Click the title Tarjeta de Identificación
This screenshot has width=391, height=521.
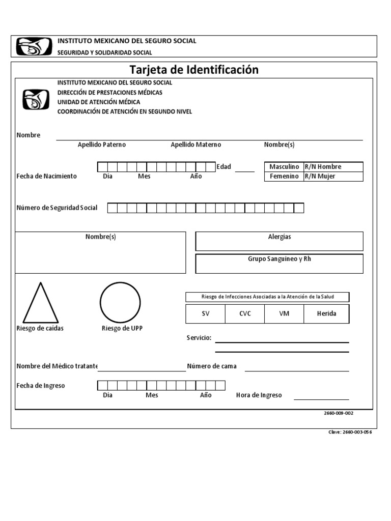[x=193, y=70]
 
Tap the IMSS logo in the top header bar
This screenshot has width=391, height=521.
[x=34, y=46]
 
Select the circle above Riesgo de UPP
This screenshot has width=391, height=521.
[x=120, y=302]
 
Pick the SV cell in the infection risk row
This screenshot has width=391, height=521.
[x=205, y=314]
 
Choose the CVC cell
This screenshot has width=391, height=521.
[x=245, y=314]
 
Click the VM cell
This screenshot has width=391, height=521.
[x=284, y=314]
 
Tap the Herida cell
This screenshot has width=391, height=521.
[x=327, y=314]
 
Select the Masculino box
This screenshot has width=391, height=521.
[x=284, y=167]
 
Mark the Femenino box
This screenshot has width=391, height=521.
[x=284, y=177]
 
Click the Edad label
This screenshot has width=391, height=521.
[x=224, y=167]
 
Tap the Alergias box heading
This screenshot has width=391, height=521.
[x=280, y=237]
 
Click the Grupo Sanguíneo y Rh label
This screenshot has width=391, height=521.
[x=280, y=259]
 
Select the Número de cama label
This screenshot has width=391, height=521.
[x=212, y=366]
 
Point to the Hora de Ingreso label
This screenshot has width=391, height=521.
[x=259, y=395]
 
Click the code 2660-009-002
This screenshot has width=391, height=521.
[x=338, y=414]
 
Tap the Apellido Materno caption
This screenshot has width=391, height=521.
[x=195, y=145]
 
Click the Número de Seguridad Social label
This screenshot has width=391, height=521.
[x=57, y=208]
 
